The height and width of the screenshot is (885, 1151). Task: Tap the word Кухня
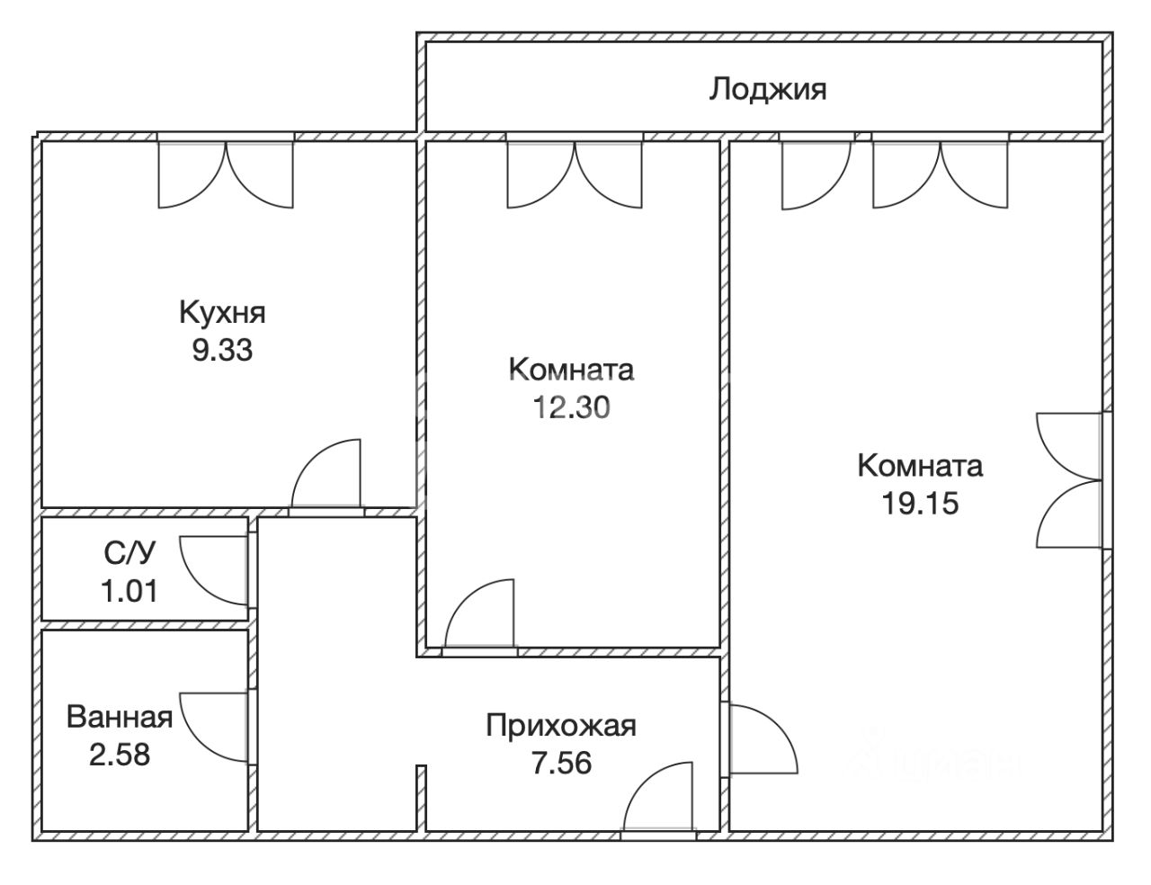(x=222, y=312)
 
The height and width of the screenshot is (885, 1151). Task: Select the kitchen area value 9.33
(x=222, y=350)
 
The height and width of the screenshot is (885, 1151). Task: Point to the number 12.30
(x=572, y=407)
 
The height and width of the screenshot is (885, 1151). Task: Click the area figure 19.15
(x=920, y=503)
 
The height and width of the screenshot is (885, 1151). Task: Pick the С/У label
(x=129, y=553)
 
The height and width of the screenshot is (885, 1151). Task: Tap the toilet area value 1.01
(x=129, y=591)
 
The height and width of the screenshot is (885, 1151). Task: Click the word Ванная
(x=120, y=717)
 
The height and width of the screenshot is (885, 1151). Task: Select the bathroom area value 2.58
(x=120, y=755)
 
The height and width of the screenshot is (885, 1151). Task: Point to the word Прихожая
(x=561, y=726)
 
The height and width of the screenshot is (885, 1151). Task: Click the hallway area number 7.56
(x=561, y=764)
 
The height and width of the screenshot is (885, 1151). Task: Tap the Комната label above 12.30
(x=572, y=370)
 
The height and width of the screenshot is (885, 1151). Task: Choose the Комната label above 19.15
(x=920, y=466)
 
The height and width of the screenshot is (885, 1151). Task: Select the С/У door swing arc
(x=200, y=586)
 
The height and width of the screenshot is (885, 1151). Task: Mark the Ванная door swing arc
(x=200, y=741)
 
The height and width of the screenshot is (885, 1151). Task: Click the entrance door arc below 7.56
(x=644, y=782)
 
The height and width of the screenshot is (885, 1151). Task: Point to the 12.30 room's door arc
(x=465, y=599)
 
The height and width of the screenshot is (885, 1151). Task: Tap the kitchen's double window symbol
(x=227, y=174)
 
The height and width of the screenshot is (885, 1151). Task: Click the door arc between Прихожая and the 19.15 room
(x=778, y=725)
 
